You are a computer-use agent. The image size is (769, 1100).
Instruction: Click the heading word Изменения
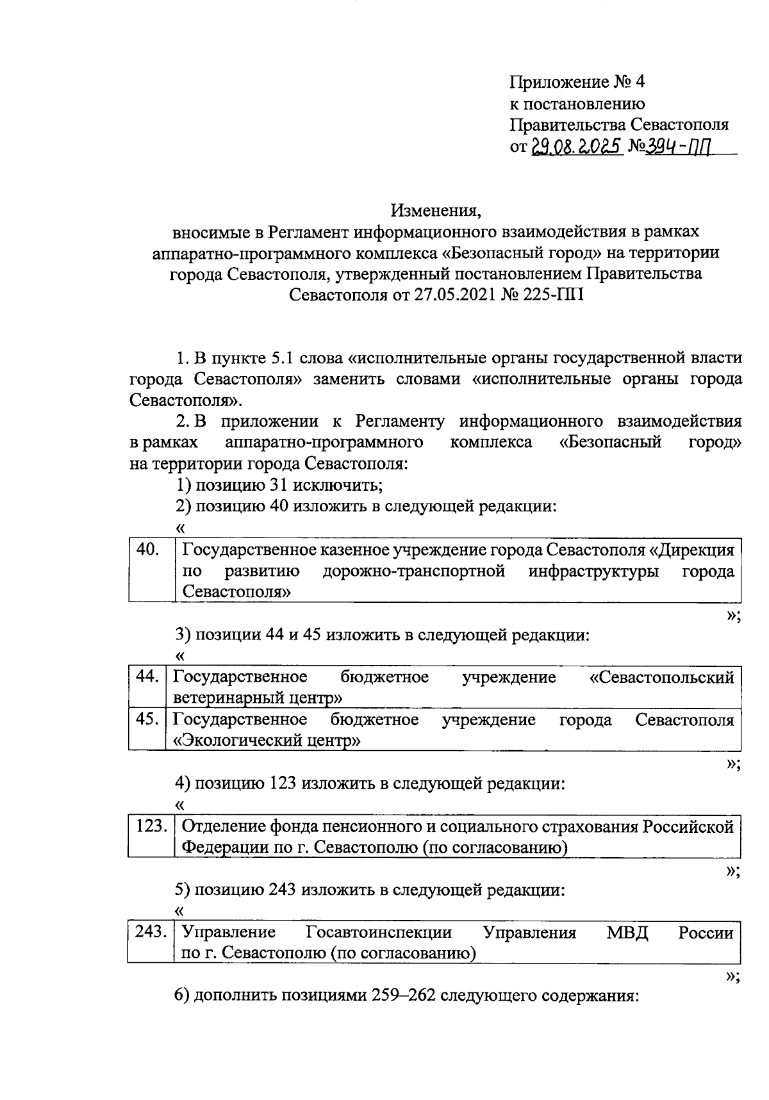[x=436, y=210]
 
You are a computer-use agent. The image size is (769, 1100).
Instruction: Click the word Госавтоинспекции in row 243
[x=379, y=932]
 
